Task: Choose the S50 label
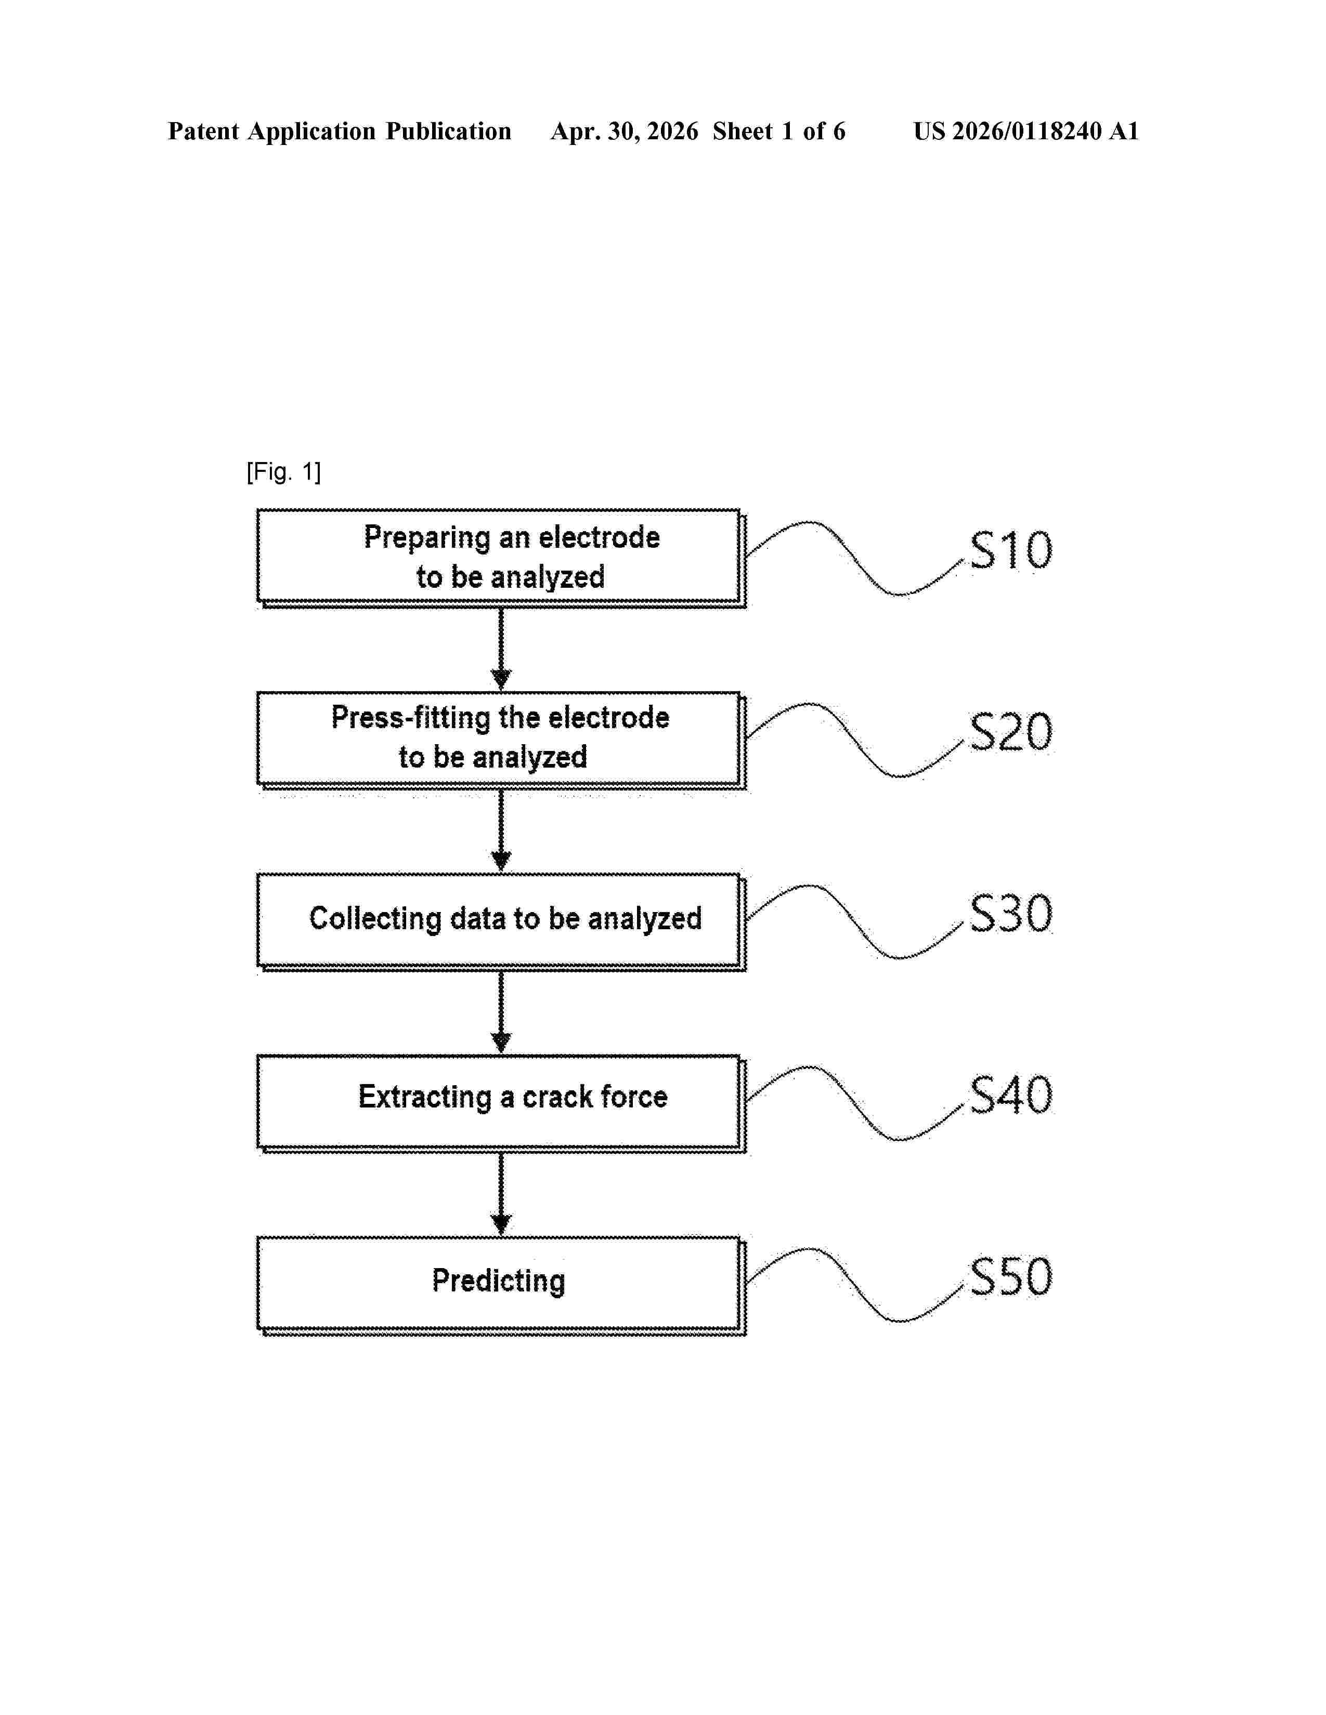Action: pos(1011,1277)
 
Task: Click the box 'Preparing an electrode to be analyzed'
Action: pos(501,558)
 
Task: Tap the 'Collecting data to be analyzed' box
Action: pos(501,922)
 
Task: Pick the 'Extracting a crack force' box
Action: pos(501,1103)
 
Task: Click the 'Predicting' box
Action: pos(501,1285)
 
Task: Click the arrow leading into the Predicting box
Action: pos(501,1194)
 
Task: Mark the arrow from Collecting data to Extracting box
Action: pos(501,1013)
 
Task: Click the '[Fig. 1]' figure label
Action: pos(283,472)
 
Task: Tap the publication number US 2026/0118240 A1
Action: pos(1026,131)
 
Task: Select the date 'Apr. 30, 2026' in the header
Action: pos(625,131)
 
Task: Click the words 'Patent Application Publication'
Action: pos(340,131)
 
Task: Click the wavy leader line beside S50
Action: pos(855,1285)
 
